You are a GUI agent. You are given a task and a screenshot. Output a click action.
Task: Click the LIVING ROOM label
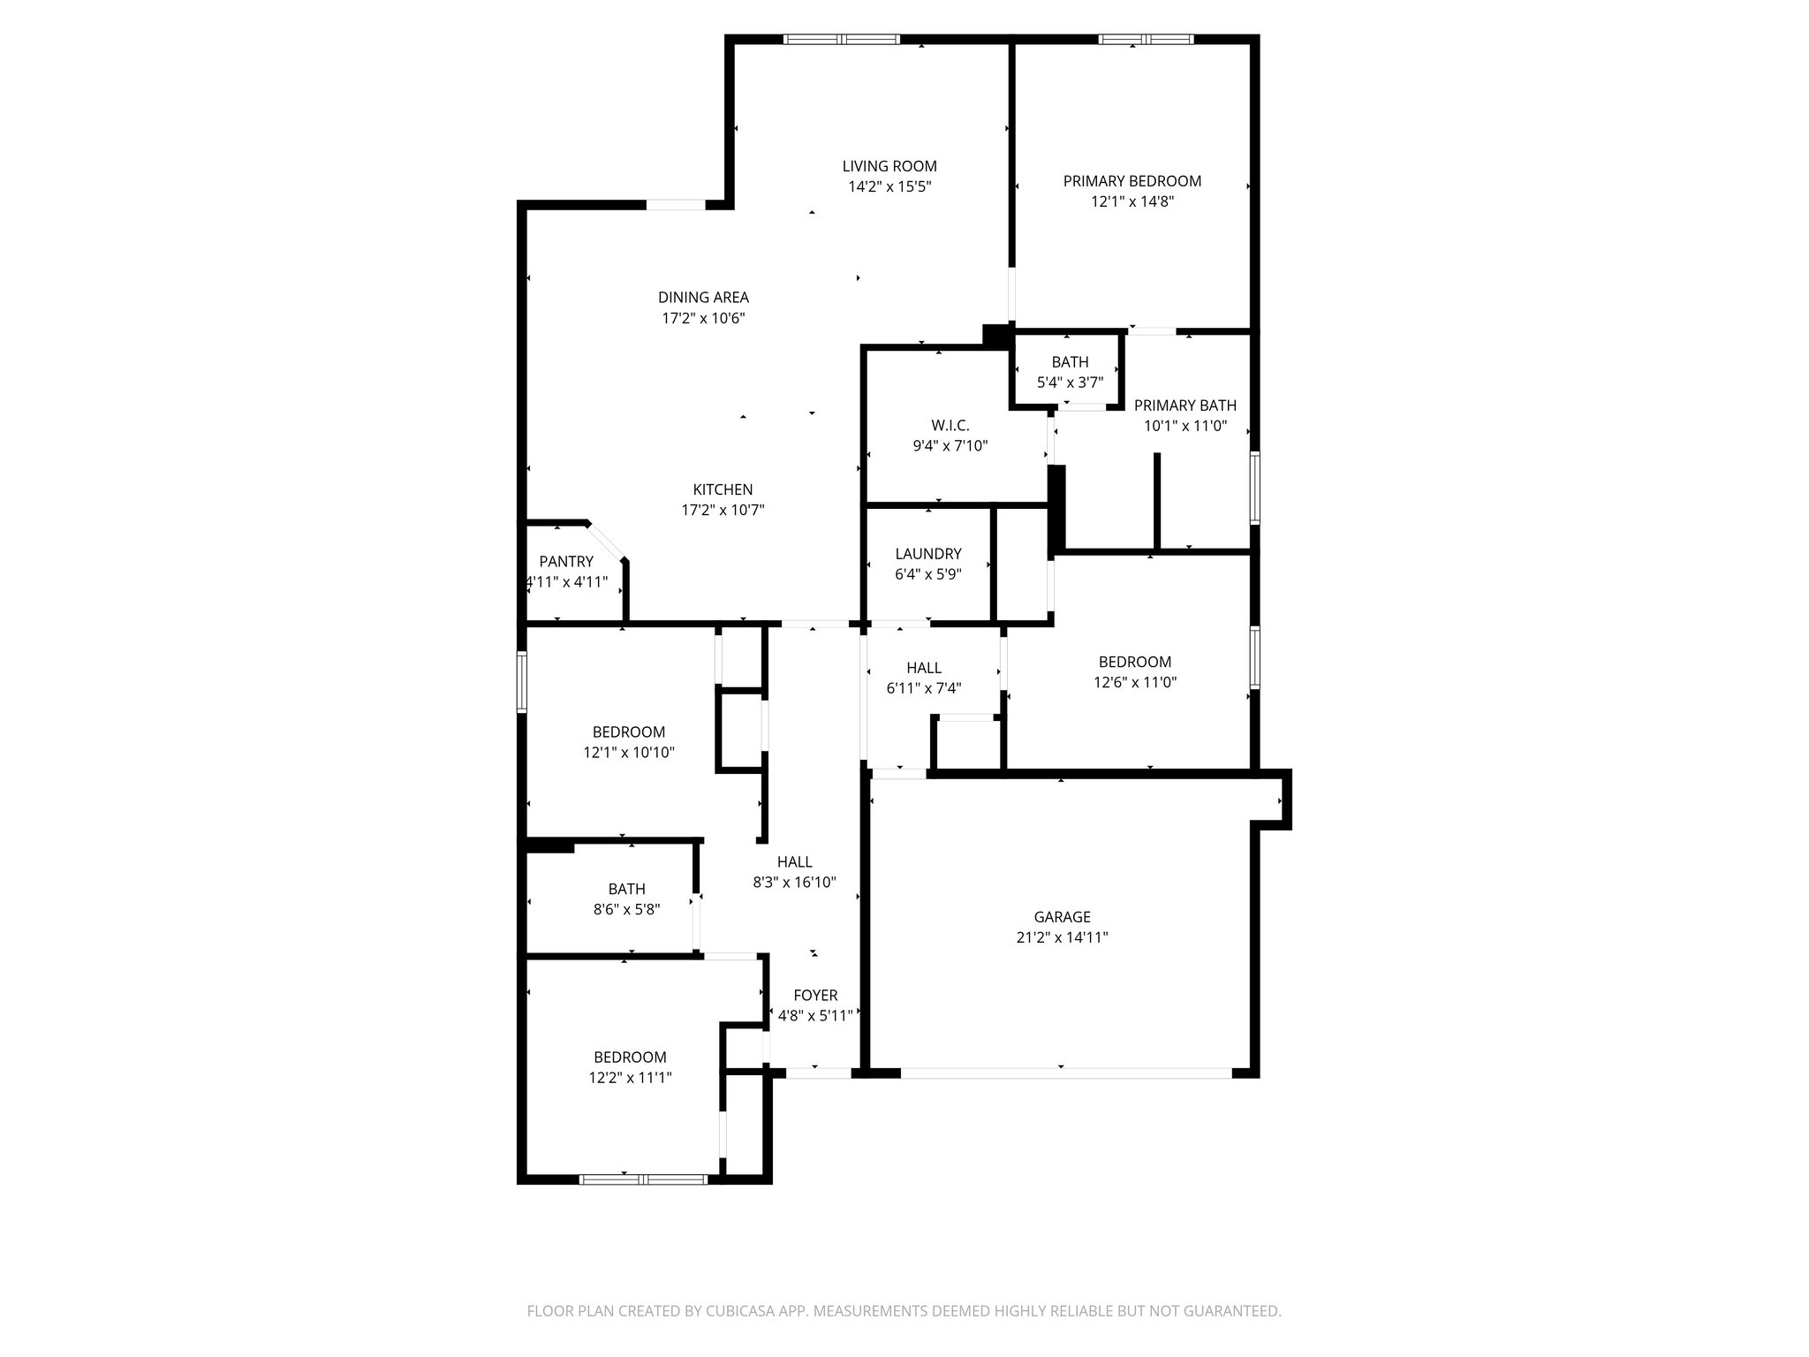coord(889,166)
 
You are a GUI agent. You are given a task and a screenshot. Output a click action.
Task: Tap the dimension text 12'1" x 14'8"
coord(1132,201)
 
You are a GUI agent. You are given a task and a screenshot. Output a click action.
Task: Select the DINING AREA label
coord(703,298)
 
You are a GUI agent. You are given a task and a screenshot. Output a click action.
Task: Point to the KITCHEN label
coord(722,489)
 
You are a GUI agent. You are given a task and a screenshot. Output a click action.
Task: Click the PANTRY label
coord(566,562)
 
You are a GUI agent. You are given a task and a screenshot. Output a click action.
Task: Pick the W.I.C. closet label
coord(950,426)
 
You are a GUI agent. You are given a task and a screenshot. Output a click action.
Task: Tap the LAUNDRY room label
coord(927,554)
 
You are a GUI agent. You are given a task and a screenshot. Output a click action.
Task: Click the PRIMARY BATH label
coord(1185,406)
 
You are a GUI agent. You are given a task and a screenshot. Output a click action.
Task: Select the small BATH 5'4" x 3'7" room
coord(1069,372)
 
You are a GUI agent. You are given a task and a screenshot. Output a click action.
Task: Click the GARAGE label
coord(1062,917)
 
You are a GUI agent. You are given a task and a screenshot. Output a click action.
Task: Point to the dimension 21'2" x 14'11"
coord(1062,937)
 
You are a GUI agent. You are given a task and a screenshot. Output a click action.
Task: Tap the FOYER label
coord(814,996)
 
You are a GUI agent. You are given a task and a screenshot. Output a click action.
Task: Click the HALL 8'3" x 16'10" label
coord(794,862)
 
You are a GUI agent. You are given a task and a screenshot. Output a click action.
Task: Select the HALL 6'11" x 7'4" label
coord(923,668)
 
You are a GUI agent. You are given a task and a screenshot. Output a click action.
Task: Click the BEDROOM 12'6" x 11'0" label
coord(1134,662)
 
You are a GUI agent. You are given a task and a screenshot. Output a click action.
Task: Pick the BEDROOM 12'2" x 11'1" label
coord(630,1058)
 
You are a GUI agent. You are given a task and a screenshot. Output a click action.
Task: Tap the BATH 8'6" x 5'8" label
coord(626,889)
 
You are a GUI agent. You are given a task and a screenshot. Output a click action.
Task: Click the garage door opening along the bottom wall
coord(1064,1073)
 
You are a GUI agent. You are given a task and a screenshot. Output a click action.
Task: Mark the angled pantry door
coord(607,542)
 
